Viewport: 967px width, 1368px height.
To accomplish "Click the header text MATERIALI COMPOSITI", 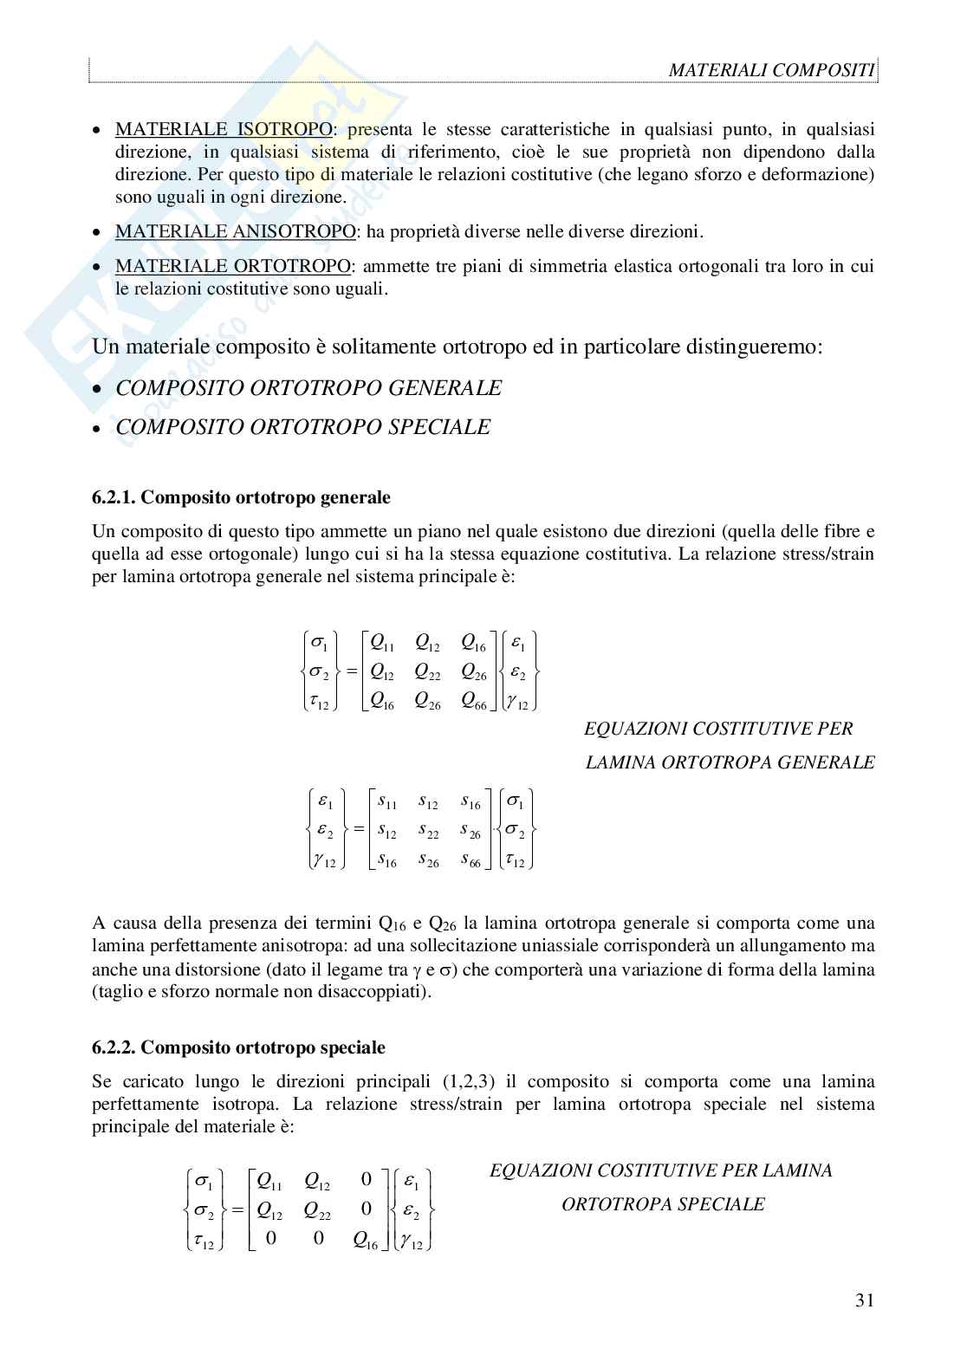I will tap(772, 70).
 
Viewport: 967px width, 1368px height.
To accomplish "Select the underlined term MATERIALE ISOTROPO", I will tap(224, 130).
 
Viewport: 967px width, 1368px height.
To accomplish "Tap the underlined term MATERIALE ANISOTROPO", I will tap(235, 232).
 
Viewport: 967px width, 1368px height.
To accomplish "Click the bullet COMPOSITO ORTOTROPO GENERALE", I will tap(308, 388).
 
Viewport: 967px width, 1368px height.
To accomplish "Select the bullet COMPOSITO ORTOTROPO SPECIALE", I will tap(303, 427).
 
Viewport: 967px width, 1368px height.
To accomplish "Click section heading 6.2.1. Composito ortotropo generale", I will tap(241, 498).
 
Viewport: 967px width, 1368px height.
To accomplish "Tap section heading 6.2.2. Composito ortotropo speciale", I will tap(238, 1047).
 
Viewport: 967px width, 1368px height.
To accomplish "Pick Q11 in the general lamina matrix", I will tap(382, 642).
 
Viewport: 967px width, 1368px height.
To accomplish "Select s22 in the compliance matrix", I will tap(428, 832).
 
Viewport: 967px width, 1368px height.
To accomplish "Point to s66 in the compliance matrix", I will tap(471, 860).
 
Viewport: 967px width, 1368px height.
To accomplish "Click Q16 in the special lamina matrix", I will tap(366, 1240).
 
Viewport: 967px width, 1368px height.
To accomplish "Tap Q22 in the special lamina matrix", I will tap(317, 1209).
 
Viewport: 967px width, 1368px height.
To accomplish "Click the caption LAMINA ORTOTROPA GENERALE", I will tap(730, 762).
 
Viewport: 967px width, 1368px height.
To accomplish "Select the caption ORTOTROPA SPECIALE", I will tap(663, 1204).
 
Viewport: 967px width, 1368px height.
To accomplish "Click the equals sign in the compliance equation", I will tap(357, 829).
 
